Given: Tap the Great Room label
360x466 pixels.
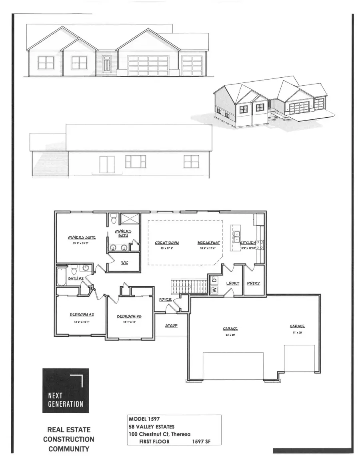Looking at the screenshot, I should pyautogui.click(x=166, y=243).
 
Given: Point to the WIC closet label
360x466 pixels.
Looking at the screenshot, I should pyautogui.click(x=124, y=263).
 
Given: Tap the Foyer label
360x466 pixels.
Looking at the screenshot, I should pyautogui.click(x=165, y=299).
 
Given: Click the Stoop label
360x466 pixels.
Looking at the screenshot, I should pyautogui.click(x=171, y=325).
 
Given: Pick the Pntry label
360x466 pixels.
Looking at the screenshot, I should pyautogui.click(x=254, y=283).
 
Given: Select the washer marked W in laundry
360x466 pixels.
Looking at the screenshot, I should pyautogui.click(x=214, y=289).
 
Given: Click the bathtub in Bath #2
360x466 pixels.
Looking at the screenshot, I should pyautogui.click(x=62, y=277).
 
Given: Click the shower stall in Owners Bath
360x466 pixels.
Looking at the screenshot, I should pyautogui.click(x=128, y=220).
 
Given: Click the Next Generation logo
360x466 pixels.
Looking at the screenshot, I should pyautogui.click(x=66, y=390).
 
